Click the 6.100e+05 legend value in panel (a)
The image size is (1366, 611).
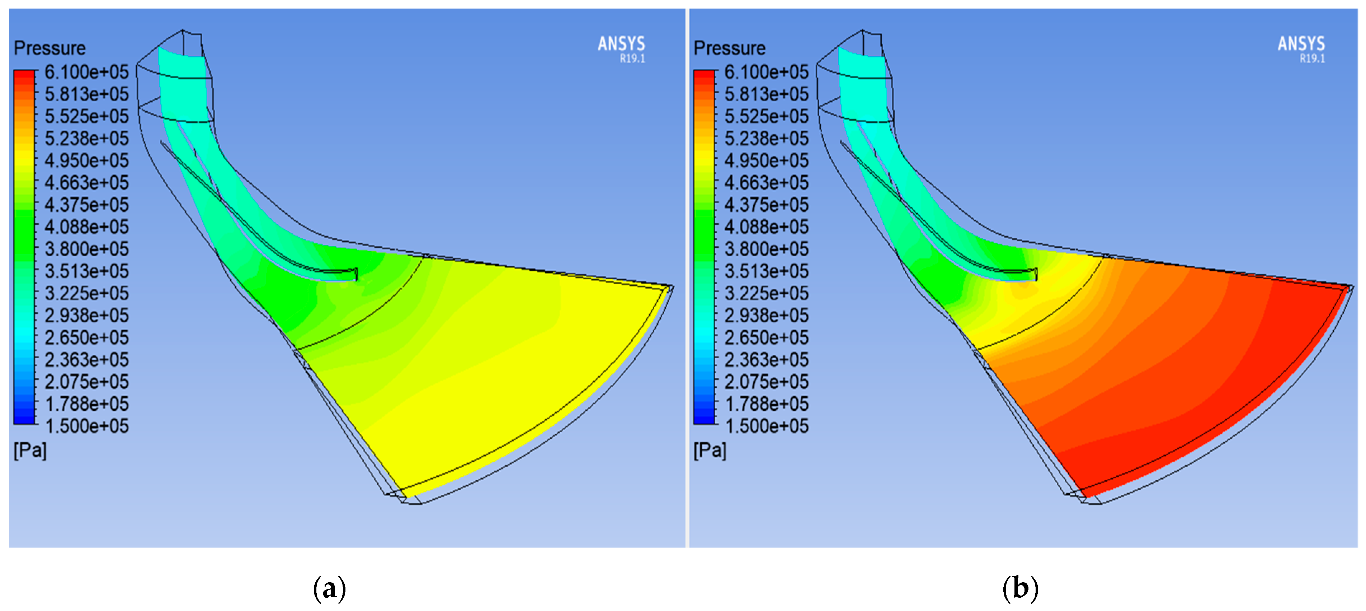coord(86,72)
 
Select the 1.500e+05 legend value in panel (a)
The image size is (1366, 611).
coord(86,426)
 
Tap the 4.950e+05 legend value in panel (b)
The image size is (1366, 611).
coord(766,160)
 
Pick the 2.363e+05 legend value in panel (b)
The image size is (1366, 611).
coord(766,359)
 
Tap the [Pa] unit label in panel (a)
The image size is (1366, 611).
coord(30,451)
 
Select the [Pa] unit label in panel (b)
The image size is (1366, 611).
coord(710,451)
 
